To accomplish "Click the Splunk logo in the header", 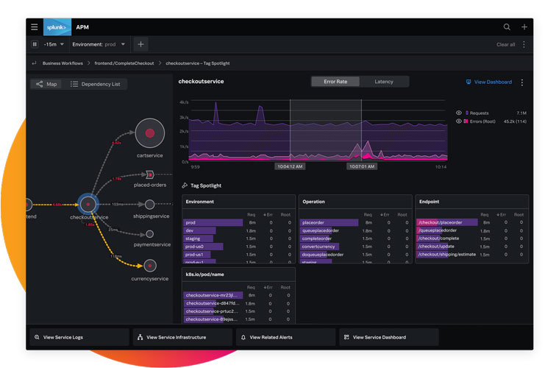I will [x=57, y=27].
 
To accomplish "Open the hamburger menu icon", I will [x=35, y=27].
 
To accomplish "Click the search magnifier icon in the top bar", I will [x=507, y=27].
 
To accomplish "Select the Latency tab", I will [x=383, y=82].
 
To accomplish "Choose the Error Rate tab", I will [x=335, y=82].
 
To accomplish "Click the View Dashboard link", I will [x=492, y=82].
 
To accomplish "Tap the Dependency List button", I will [x=95, y=84].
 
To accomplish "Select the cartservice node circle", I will [x=149, y=132].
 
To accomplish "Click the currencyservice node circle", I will [x=150, y=265].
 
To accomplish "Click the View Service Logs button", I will [x=77, y=337].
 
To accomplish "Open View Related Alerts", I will [x=283, y=337].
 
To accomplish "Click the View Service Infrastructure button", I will [x=180, y=337].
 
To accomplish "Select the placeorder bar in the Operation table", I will [x=329, y=222].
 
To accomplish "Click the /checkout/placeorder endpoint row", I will [x=446, y=222].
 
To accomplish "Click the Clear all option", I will [x=505, y=44].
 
